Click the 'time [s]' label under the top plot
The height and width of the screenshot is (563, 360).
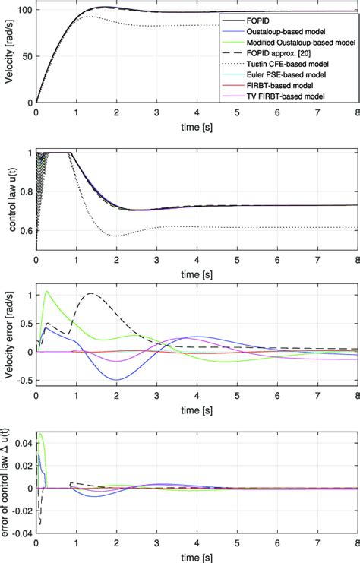(x=197, y=125)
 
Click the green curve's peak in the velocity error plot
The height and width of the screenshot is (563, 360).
(x=47, y=291)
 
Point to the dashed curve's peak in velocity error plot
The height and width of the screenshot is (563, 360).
(x=92, y=293)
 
